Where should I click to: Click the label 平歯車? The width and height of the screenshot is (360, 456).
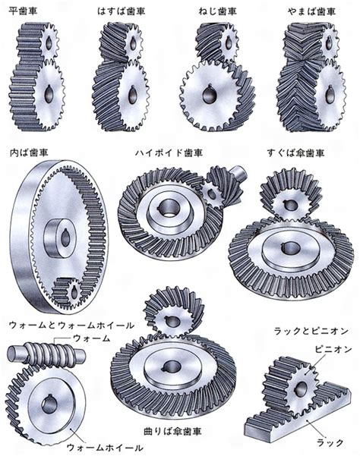[x=23, y=11]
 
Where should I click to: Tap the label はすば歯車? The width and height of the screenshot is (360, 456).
[x=121, y=11]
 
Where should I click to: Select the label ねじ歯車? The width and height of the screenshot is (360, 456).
[x=218, y=11]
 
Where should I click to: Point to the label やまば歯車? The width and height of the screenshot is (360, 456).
[x=311, y=11]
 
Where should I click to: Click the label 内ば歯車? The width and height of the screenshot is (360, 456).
[x=29, y=152]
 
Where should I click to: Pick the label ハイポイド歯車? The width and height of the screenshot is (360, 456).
[x=169, y=153]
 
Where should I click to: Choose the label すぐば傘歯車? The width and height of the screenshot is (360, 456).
[x=295, y=153]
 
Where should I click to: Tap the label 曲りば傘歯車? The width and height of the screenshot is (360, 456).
[x=172, y=431]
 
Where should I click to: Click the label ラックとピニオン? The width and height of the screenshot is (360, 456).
[x=311, y=331]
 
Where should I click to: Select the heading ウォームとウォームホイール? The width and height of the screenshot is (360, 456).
[x=71, y=325]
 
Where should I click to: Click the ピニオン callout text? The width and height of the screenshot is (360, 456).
[x=333, y=349]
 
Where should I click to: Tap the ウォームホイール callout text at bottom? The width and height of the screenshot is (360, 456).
[x=105, y=448]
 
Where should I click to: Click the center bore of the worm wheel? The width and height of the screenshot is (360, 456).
[x=49, y=404]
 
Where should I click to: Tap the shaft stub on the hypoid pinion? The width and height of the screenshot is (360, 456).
[x=239, y=172]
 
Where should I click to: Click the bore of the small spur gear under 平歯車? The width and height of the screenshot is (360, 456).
[x=49, y=43]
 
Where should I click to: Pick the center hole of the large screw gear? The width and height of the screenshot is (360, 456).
[x=209, y=93]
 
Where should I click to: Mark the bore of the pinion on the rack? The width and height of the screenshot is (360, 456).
[x=301, y=388]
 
